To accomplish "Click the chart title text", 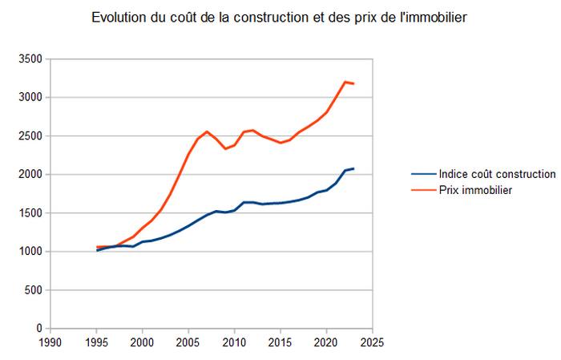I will pyautogui.click(x=278, y=17).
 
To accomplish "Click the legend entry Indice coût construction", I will pyautogui.click(x=497, y=174).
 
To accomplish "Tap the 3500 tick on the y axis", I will pyautogui.click(x=29, y=59).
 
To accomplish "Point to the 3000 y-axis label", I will pyautogui.click(x=29, y=98).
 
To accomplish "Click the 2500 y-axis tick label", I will pyautogui.click(x=29, y=136).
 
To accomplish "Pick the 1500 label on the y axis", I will pyautogui.click(x=29, y=213).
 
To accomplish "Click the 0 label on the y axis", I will pyautogui.click(x=38, y=329).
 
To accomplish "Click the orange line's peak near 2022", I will pyautogui.click(x=345, y=82).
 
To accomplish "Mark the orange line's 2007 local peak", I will pyautogui.click(x=207, y=131).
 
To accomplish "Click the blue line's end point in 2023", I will pyautogui.click(x=353, y=168).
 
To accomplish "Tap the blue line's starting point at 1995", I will pyautogui.click(x=97, y=250).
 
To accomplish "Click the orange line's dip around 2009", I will pyautogui.click(x=225, y=148).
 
